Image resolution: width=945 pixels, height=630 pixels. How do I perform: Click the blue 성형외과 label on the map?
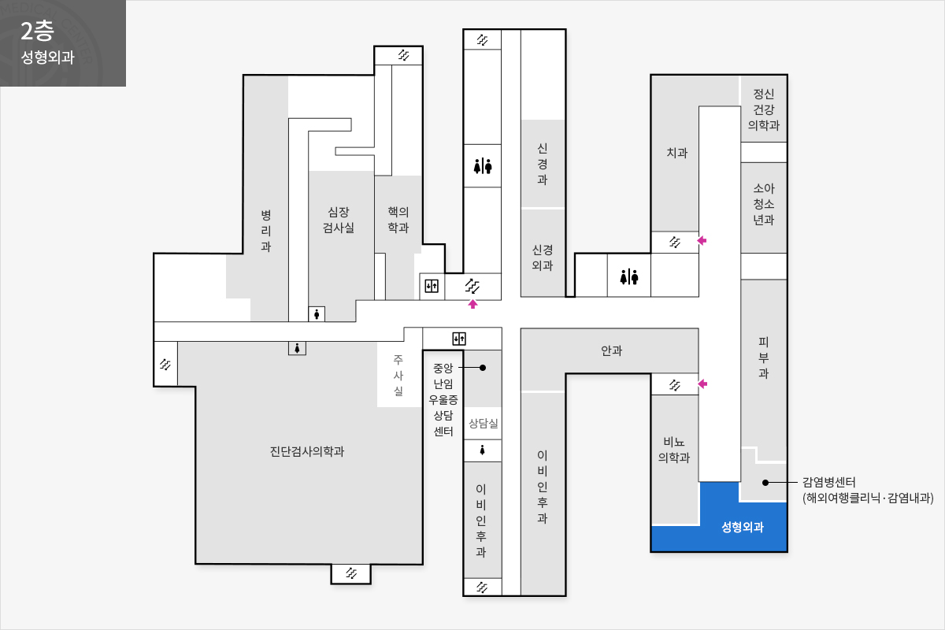tap(743, 527)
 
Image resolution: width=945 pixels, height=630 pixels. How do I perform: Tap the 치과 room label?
tap(677, 152)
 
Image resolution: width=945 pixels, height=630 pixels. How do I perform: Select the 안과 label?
tap(612, 350)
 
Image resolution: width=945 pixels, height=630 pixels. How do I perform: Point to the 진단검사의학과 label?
tap(307, 451)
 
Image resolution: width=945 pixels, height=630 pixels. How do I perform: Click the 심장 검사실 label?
tap(339, 220)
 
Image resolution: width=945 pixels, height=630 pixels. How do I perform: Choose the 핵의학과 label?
tap(398, 220)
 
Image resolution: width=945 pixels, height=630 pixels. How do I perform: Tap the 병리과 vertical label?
tap(266, 231)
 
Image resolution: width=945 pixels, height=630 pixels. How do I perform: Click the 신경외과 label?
tap(543, 258)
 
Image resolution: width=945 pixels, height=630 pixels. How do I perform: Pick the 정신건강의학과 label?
tap(764, 109)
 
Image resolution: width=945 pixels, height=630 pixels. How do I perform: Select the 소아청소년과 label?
tap(764, 204)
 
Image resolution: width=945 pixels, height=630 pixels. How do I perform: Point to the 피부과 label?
tap(764, 358)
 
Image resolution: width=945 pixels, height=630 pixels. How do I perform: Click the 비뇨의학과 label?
tap(674, 450)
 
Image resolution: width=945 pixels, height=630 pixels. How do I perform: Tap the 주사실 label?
tap(398, 375)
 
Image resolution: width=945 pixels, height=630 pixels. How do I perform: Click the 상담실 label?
tap(484, 423)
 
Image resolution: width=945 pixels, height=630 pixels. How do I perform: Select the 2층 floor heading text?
tap(37, 31)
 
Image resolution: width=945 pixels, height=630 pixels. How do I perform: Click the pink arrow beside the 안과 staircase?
tap(702, 384)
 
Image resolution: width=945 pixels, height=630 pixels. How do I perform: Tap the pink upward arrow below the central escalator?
tap(473, 304)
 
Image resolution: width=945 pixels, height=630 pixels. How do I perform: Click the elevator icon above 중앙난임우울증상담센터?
tap(459, 339)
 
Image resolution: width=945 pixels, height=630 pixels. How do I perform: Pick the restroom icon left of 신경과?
tap(483, 166)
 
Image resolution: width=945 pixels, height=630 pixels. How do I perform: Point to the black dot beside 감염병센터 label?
tap(765, 482)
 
